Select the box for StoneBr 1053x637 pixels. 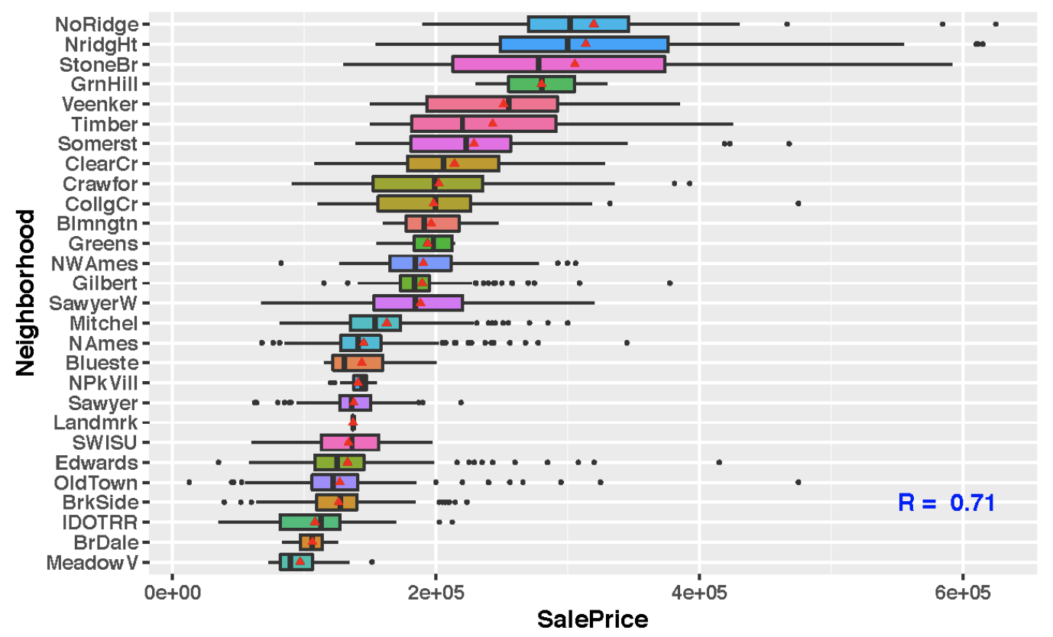(x=558, y=64)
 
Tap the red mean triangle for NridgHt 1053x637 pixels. (x=585, y=43)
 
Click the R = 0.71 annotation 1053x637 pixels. (x=946, y=503)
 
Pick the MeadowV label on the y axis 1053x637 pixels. (x=92, y=563)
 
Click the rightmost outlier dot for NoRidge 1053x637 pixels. (x=995, y=24)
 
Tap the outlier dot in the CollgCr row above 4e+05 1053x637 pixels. (x=798, y=203)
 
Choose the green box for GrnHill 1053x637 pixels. (x=541, y=84)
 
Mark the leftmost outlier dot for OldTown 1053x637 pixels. (x=190, y=482)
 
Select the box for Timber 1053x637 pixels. (x=484, y=124)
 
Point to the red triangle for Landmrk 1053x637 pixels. (x=353, y=422)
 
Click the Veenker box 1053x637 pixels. (x=492, y=104)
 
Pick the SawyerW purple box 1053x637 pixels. (x=418, y=302)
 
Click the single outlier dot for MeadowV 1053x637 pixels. (x=371, y=562)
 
